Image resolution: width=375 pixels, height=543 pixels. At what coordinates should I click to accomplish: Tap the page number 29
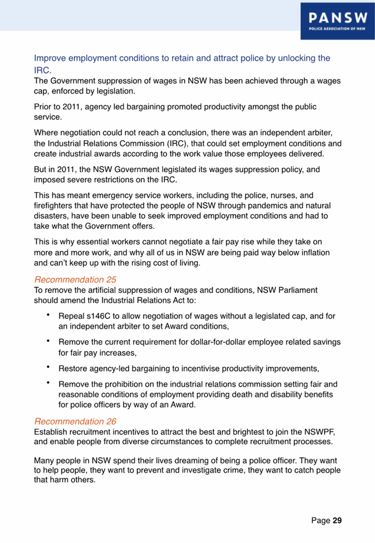click(x=337, y=519)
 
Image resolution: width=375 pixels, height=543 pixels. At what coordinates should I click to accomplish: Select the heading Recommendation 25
click(x=75, y=279)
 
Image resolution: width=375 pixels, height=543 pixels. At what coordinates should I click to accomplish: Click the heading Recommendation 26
click(x=75, y=421)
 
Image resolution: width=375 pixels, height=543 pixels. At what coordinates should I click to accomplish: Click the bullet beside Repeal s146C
click(x=49, y=316)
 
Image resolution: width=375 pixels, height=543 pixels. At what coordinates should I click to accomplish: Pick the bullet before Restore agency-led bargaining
click(x=49, y=367)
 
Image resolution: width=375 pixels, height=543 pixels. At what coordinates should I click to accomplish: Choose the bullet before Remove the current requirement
click(x=49, y=342)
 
